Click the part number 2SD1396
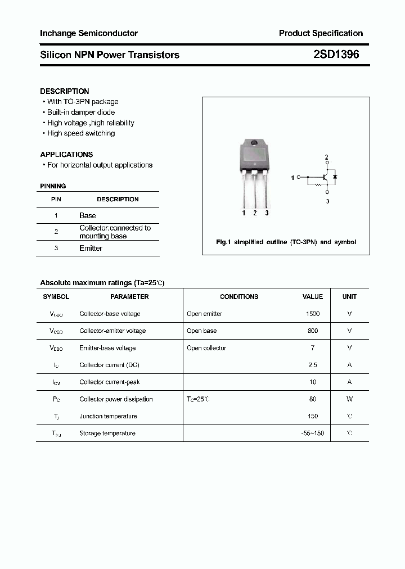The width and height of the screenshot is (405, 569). (336, 55)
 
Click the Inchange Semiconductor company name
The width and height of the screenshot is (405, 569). (89, 33)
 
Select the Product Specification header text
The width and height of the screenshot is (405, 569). (321, 33)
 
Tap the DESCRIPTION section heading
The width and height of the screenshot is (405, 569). (65, 91)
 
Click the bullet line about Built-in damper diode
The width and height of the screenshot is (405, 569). (80, 112)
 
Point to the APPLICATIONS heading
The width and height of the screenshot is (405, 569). (66, 154)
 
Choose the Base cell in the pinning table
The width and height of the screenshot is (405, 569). (88, 215)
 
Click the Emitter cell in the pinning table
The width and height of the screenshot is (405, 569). (91, 248)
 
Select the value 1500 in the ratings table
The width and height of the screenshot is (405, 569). (313, 314)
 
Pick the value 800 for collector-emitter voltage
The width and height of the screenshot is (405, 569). (313, 331)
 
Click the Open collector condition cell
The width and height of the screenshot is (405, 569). (206, 348)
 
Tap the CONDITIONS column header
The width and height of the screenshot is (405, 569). (239, 296)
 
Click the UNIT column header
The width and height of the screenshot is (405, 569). (349, 296)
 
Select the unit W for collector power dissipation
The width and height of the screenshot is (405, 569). (349, 399)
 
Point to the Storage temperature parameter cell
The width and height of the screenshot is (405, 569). (107, 433)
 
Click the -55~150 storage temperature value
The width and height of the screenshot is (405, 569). (313, 433)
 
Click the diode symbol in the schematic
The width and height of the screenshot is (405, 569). (335, 177)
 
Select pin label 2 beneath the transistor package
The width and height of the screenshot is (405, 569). (255, 213)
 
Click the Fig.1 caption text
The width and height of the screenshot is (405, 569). (286, 242)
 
